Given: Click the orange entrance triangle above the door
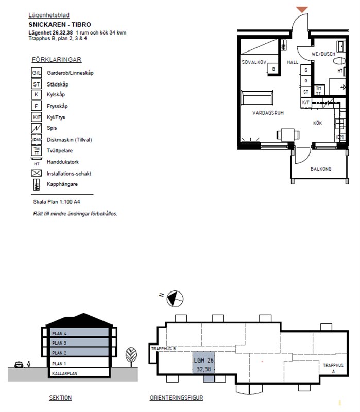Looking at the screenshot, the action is tap(302, 9).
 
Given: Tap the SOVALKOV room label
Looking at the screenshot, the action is tap(254, 62).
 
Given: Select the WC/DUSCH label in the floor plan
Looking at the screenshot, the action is tap(323, 54).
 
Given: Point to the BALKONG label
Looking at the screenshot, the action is tap(321, 169).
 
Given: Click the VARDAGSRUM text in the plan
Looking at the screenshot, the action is tap(268, 113).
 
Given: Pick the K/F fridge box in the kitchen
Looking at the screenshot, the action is tap(306, 102).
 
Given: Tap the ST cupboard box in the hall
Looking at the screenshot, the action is tap(306, 92).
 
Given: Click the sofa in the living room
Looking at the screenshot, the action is tap(257, 97).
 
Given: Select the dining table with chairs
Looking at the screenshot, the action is tap(288, 135).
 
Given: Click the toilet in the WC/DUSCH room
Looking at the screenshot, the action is tap(339, 61).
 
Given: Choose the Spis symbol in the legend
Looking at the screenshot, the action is tap(36, 128).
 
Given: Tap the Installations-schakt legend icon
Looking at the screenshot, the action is tap(36, 173).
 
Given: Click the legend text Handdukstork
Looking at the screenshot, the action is tap(62, 162).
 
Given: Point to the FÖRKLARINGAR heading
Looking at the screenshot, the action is tap(57, 60).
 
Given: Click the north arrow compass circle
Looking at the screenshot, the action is tap(175, 299).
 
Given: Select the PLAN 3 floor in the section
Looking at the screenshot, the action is tap(79, 342).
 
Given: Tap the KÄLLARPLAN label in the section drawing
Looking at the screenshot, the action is tap(65, 373).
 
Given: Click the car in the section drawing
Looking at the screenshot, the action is tap(19, 365).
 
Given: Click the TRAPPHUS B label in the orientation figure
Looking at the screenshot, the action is tap(163, 349).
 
